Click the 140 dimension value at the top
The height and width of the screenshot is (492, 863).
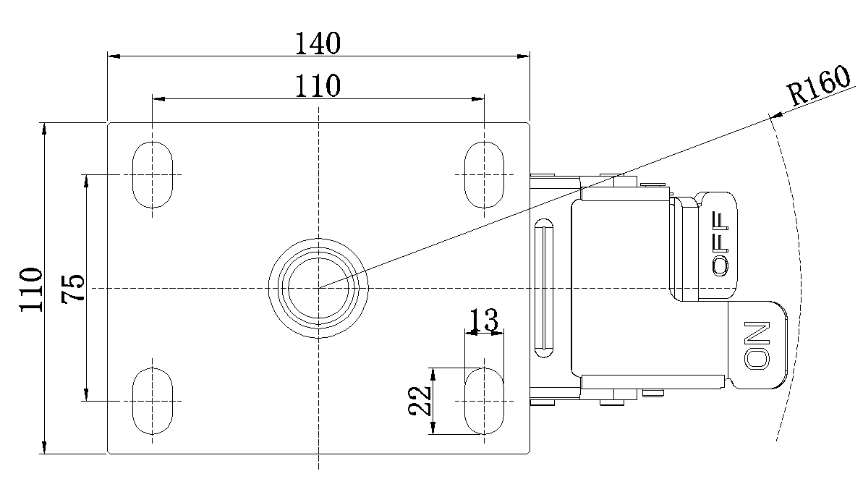coord(318,43)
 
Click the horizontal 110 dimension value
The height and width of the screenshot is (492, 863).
coord(318,86)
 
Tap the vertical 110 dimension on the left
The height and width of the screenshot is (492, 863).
coord(31,289)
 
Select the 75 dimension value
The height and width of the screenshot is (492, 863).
coord(74,289)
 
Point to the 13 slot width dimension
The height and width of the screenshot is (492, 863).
coord(484,319)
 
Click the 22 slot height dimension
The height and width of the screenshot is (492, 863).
coord(420,400)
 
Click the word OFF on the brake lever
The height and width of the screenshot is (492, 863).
coord(721,243)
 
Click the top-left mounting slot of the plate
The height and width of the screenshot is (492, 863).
coord(153,174)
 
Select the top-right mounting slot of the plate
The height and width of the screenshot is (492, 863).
coord(484,174)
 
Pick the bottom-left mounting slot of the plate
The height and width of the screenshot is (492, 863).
coord(153,400)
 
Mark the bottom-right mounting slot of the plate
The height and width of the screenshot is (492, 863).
coord(484,400)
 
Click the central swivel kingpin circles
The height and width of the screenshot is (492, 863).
coord(318,287)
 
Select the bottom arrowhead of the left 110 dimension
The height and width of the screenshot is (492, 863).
coord(45,448)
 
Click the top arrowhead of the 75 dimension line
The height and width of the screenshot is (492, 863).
coord(86,179)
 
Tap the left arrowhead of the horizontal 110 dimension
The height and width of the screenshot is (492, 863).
coord(158,98)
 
